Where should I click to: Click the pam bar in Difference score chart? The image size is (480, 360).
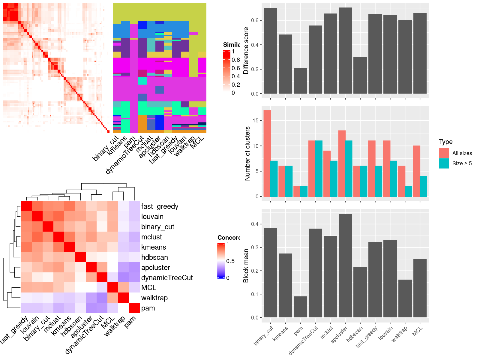(x=300, y=81)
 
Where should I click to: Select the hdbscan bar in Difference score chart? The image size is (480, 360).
(x=360, y=76)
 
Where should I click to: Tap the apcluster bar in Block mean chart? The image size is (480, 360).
(x=345, y=266)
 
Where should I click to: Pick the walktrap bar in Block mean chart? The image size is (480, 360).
(x=405, y=298)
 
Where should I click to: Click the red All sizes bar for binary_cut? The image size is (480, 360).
(x=267, y=153)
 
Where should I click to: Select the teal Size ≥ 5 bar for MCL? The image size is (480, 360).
(x=423, y=186)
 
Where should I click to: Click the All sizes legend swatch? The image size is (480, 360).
(x=444, y=153)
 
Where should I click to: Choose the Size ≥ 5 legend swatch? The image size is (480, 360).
(x=444, y=163)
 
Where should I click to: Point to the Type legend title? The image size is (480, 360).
(x=445, y=142)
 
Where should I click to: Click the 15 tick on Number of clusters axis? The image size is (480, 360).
(x=256, y=121)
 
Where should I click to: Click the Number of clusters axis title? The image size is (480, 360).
(x=247, y=153)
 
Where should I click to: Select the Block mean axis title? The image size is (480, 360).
(x=246, y=265)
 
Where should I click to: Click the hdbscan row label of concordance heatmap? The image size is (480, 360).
(x=154, y=257)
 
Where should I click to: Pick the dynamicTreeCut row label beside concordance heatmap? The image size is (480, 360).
(x=167, y=278)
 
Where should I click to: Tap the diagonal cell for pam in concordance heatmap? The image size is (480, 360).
(x=134, y=308)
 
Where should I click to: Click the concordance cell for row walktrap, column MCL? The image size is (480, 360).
(x=113, y=298)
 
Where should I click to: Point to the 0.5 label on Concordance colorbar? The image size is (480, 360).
(x=230, y=261)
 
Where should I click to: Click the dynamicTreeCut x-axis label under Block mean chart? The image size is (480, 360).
(x=304, y=340)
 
